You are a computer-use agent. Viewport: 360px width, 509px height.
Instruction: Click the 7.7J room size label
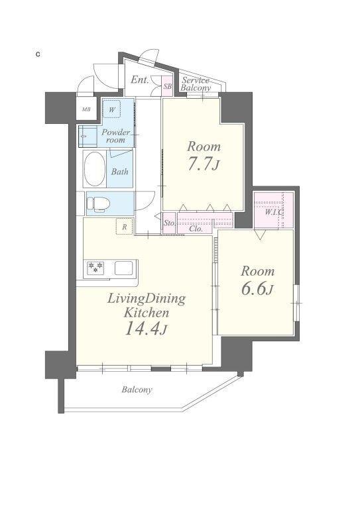coord(204,164)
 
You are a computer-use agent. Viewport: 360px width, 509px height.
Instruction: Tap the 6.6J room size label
coord(257,289)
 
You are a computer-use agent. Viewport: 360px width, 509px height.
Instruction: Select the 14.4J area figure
coord(146,328)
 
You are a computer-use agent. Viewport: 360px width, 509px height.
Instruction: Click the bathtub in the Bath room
coord(94,169)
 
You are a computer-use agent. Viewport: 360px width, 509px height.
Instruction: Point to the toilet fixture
coord(98,204)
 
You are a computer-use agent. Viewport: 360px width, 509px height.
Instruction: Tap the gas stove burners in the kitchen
coord(95,268)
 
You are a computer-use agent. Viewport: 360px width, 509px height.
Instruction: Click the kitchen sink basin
coord(124,268)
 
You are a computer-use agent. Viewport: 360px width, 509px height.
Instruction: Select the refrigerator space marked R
coord(125,226)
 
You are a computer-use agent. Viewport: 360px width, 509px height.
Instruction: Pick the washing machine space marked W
coord(111,109)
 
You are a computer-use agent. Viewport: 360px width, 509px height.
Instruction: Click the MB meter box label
coord(86,109)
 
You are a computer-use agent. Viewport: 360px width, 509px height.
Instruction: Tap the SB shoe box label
coord(168,86)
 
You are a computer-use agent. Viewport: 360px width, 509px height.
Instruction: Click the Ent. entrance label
coord(140,80)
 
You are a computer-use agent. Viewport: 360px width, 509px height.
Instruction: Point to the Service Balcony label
coord(196,84)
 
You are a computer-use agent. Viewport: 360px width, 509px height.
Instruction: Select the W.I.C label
coord(274,212)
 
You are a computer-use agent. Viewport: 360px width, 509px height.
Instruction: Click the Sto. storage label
coord(169,223)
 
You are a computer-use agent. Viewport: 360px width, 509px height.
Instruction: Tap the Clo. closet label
coord(196,229)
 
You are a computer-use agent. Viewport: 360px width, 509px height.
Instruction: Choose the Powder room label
coord(115,136)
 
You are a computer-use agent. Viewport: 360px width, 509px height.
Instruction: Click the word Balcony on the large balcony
coord(137,390)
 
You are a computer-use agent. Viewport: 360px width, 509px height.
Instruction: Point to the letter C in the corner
coord(38,54)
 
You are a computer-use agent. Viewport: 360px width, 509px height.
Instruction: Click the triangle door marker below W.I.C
coord(260,235)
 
